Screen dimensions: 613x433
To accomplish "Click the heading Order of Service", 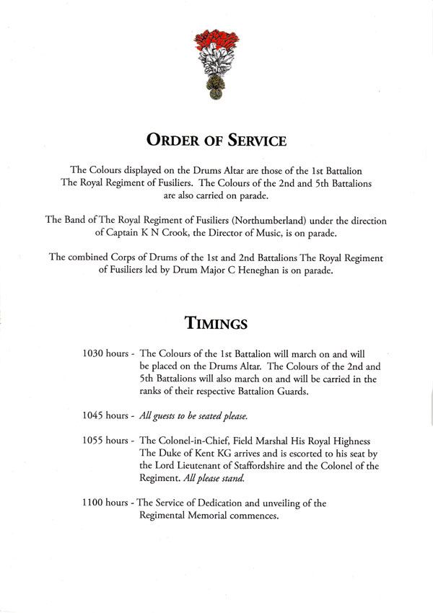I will [216, 138].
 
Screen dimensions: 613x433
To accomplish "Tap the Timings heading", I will [216, 323].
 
